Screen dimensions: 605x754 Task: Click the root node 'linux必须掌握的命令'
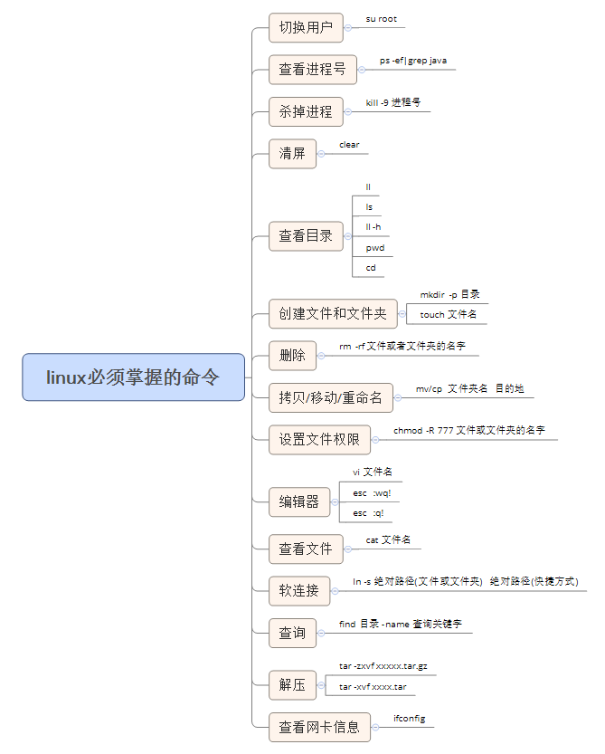pos(133,377)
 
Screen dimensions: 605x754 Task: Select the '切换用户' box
pos(306,28)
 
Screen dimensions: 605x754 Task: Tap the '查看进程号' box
pos(312,70)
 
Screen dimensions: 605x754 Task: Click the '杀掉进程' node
pos(306,112)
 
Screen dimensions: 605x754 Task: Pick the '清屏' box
pos(292,154)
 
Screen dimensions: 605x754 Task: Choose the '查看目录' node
pos(306,236)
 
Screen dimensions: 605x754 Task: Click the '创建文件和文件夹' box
pos(332,314)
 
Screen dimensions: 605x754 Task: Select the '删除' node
pos(292,356)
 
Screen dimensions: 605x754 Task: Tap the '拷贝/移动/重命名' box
pos(330,397)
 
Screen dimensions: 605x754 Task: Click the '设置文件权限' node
pos(318,440)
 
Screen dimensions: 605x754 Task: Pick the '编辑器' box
pos(298,501)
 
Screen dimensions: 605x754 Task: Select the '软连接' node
pos(298,591)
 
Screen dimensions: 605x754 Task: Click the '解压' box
pos(292,685)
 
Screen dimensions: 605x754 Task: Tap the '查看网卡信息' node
pos(318,727)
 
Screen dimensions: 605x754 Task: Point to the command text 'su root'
pos(381,19)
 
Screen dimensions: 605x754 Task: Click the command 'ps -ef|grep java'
pos(412,61)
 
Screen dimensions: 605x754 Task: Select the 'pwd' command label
pos(374,247)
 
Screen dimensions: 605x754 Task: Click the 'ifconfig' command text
pos(409,718)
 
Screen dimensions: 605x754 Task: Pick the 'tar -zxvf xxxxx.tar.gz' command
pos(383,666)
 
